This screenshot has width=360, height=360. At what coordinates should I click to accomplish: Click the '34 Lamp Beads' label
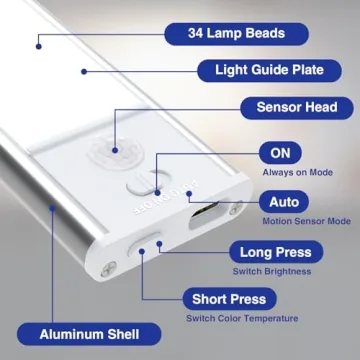236,34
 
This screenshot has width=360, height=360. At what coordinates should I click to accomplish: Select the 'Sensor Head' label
297,108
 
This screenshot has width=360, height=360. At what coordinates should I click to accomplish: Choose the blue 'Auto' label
284,201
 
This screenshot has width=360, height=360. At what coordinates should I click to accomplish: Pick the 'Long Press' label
275,252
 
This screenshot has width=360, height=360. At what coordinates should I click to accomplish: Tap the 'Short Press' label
229,299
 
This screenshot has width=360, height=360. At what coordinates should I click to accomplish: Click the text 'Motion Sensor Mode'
306,221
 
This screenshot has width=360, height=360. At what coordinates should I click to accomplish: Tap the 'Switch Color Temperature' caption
242,319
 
